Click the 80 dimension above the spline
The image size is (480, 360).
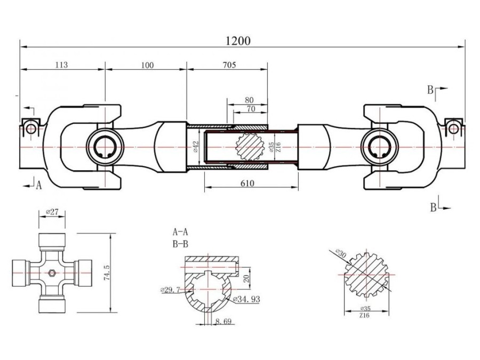[249, 100]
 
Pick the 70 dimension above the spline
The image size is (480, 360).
[249, 109]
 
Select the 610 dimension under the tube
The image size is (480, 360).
[247, 183]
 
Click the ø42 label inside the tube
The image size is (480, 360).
[196, 147]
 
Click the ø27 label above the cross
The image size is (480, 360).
[52, 212]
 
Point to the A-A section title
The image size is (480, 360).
[180, 232]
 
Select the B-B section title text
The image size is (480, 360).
[180, 245]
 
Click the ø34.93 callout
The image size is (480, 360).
[246, 300]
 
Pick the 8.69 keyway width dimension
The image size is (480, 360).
[225, 322]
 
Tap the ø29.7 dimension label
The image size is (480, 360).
[170, 290]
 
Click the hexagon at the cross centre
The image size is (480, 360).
[52, 273]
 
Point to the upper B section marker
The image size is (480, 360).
[431, 90]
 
